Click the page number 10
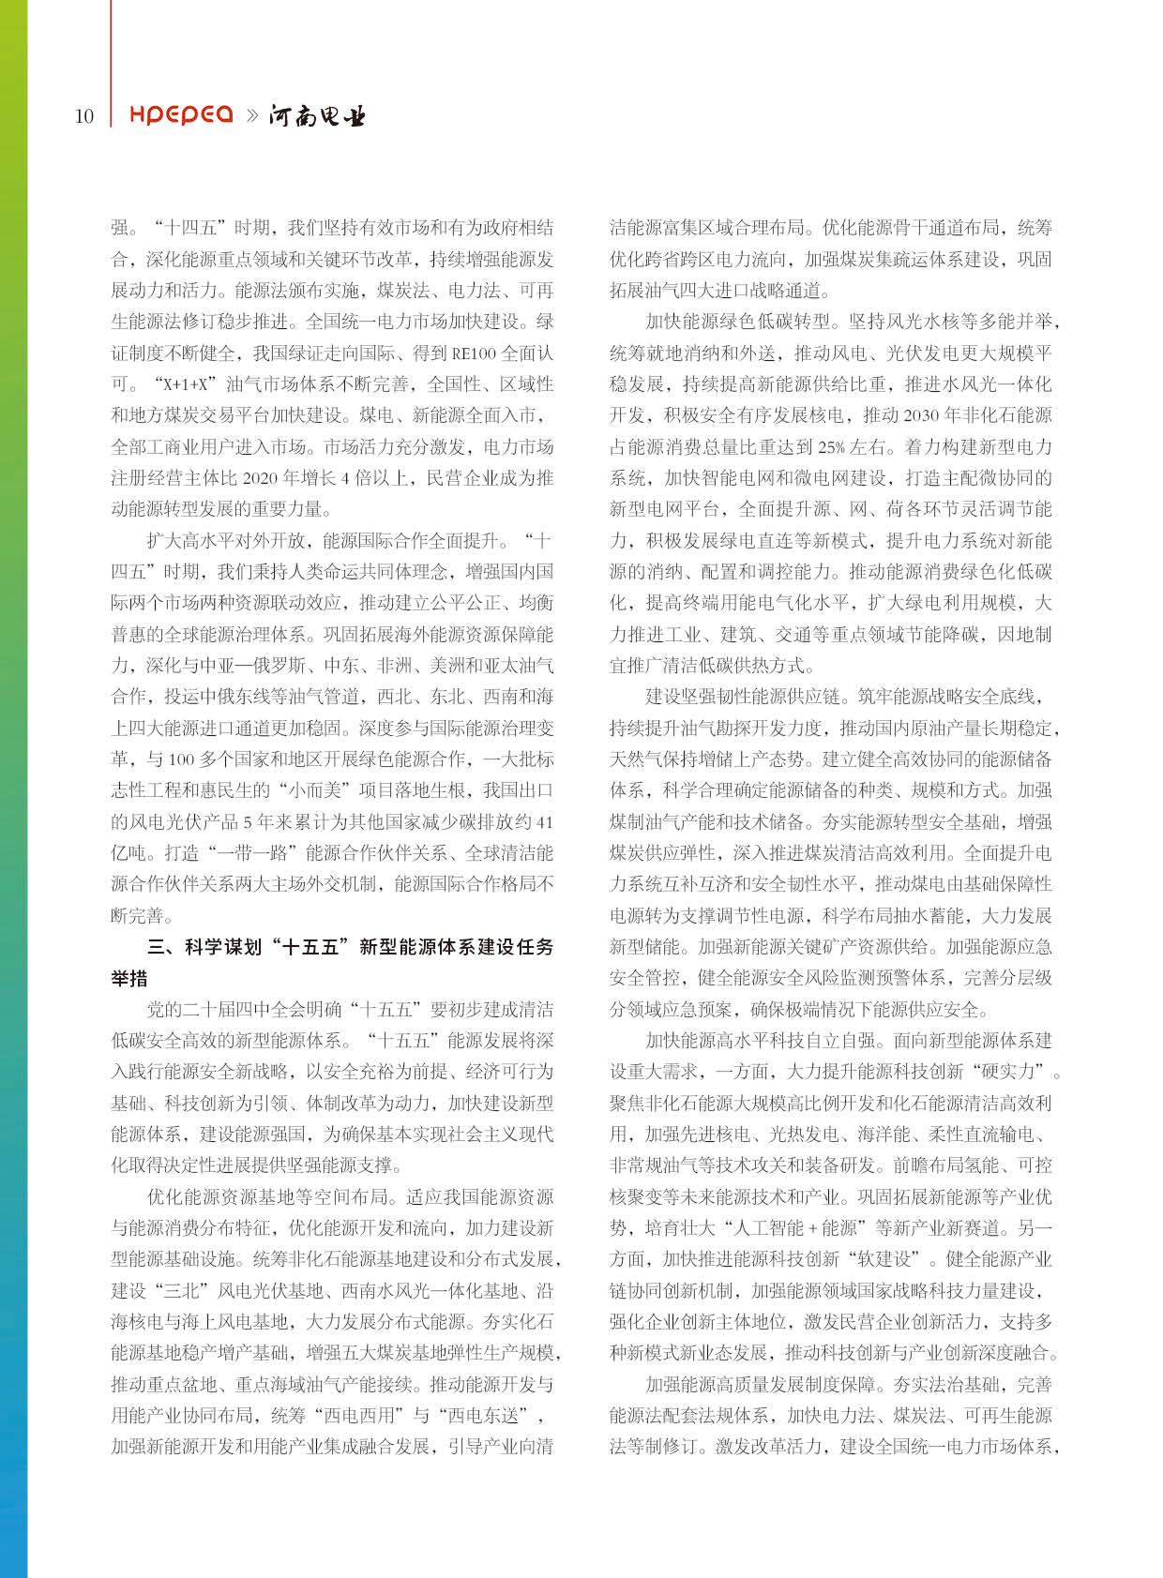click(x=84, y=116)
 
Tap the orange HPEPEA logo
click(x=181, y=114)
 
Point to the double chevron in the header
click(x=251, y=115)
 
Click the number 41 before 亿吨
click(x=544, y=822)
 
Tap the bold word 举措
click(x=129, y=979)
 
